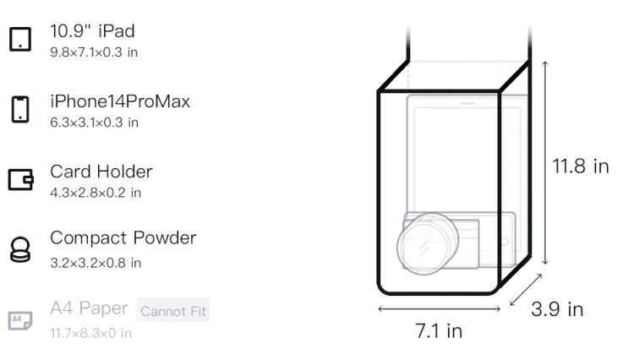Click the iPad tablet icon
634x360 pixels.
[20, 39]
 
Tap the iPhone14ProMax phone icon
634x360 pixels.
[20, 109]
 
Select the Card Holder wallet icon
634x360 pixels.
[20, 179]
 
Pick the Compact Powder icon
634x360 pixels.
[20, 249]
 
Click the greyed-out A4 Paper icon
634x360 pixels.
[20, 320]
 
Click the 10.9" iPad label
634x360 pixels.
[92, 31]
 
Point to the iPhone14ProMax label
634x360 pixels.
[120, 101]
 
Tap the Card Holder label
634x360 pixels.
[101, 172]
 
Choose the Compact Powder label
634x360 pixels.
[123, 238]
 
